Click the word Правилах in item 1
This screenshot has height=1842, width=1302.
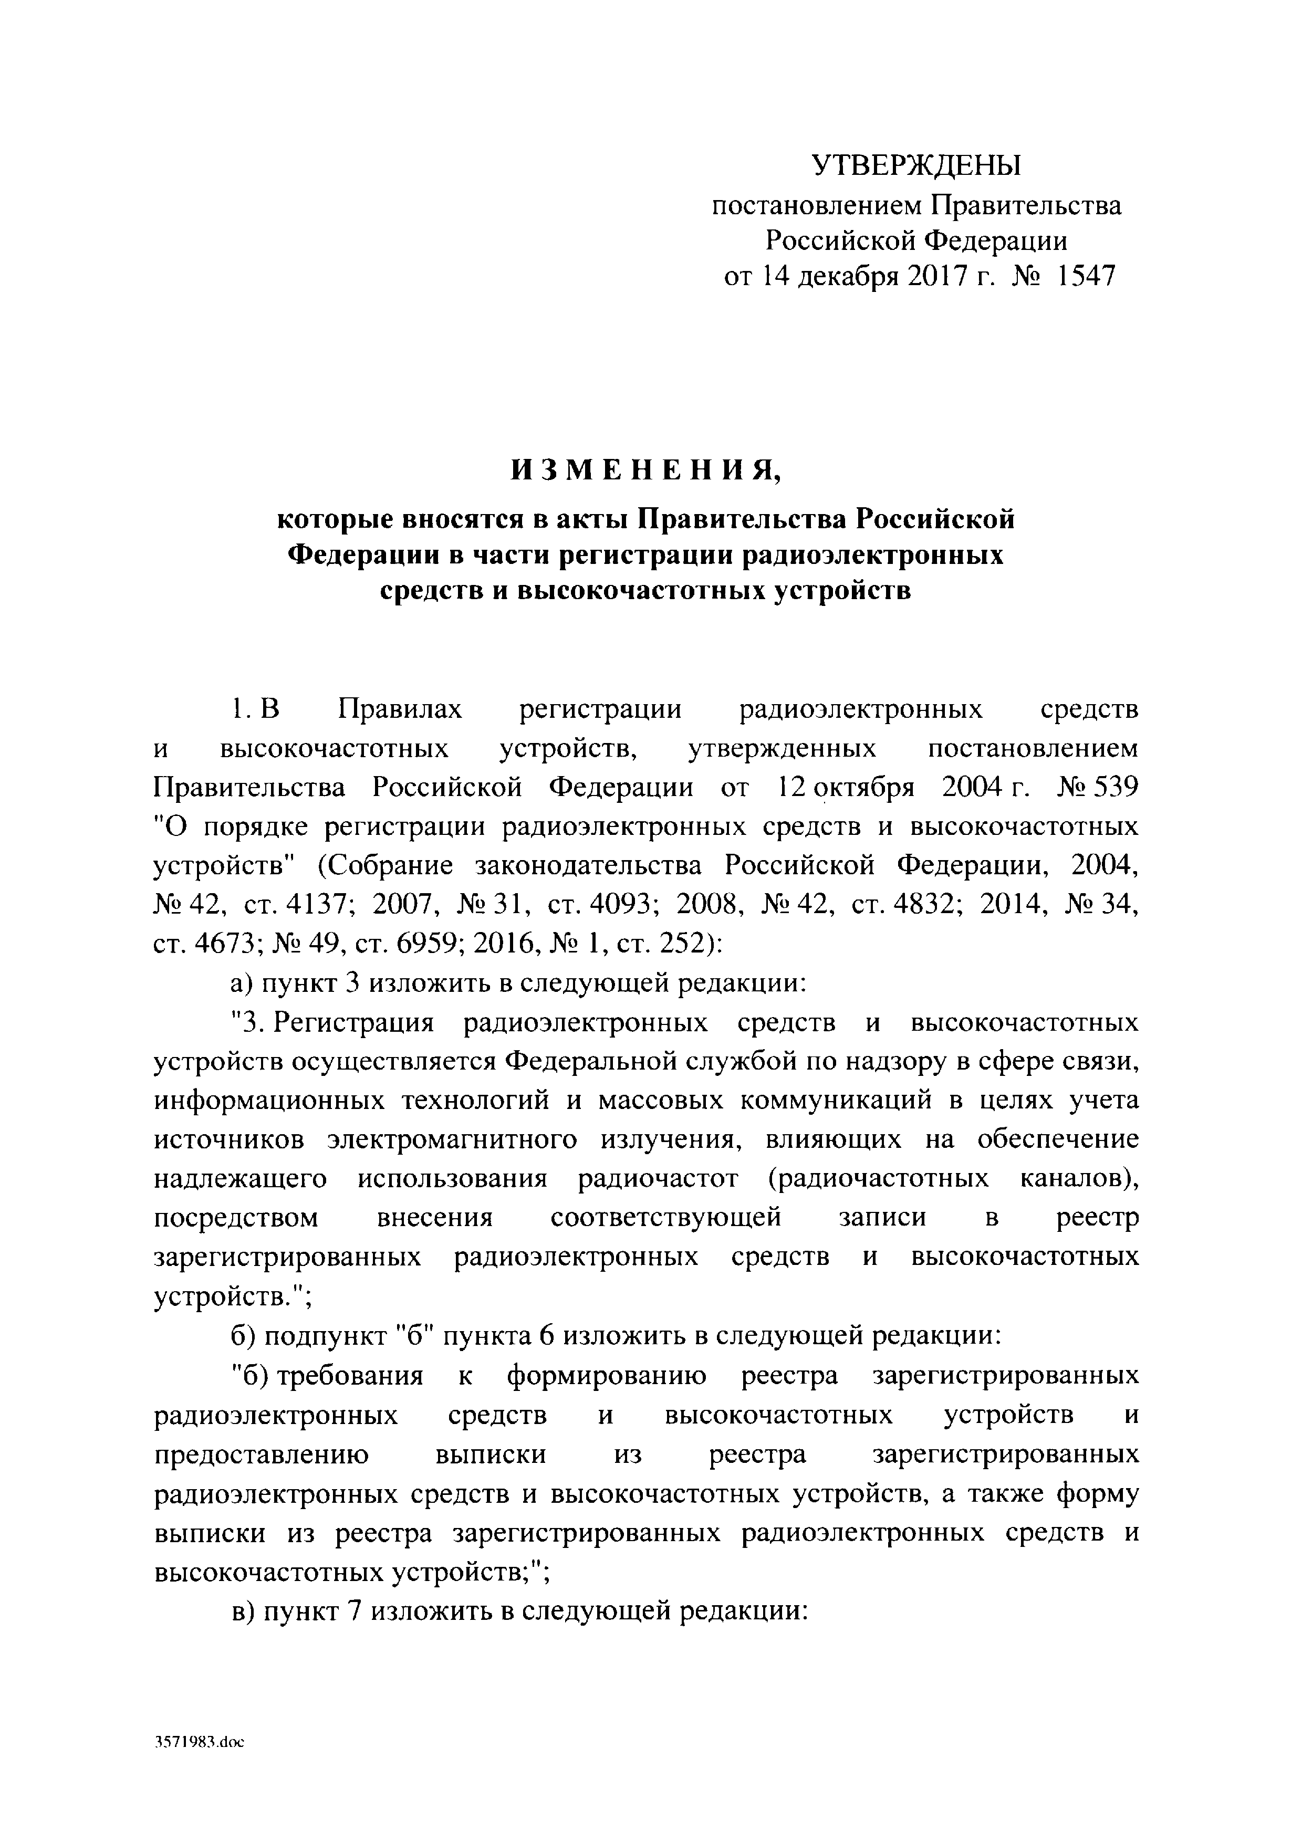pyautogui.click(x=400, y=709)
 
